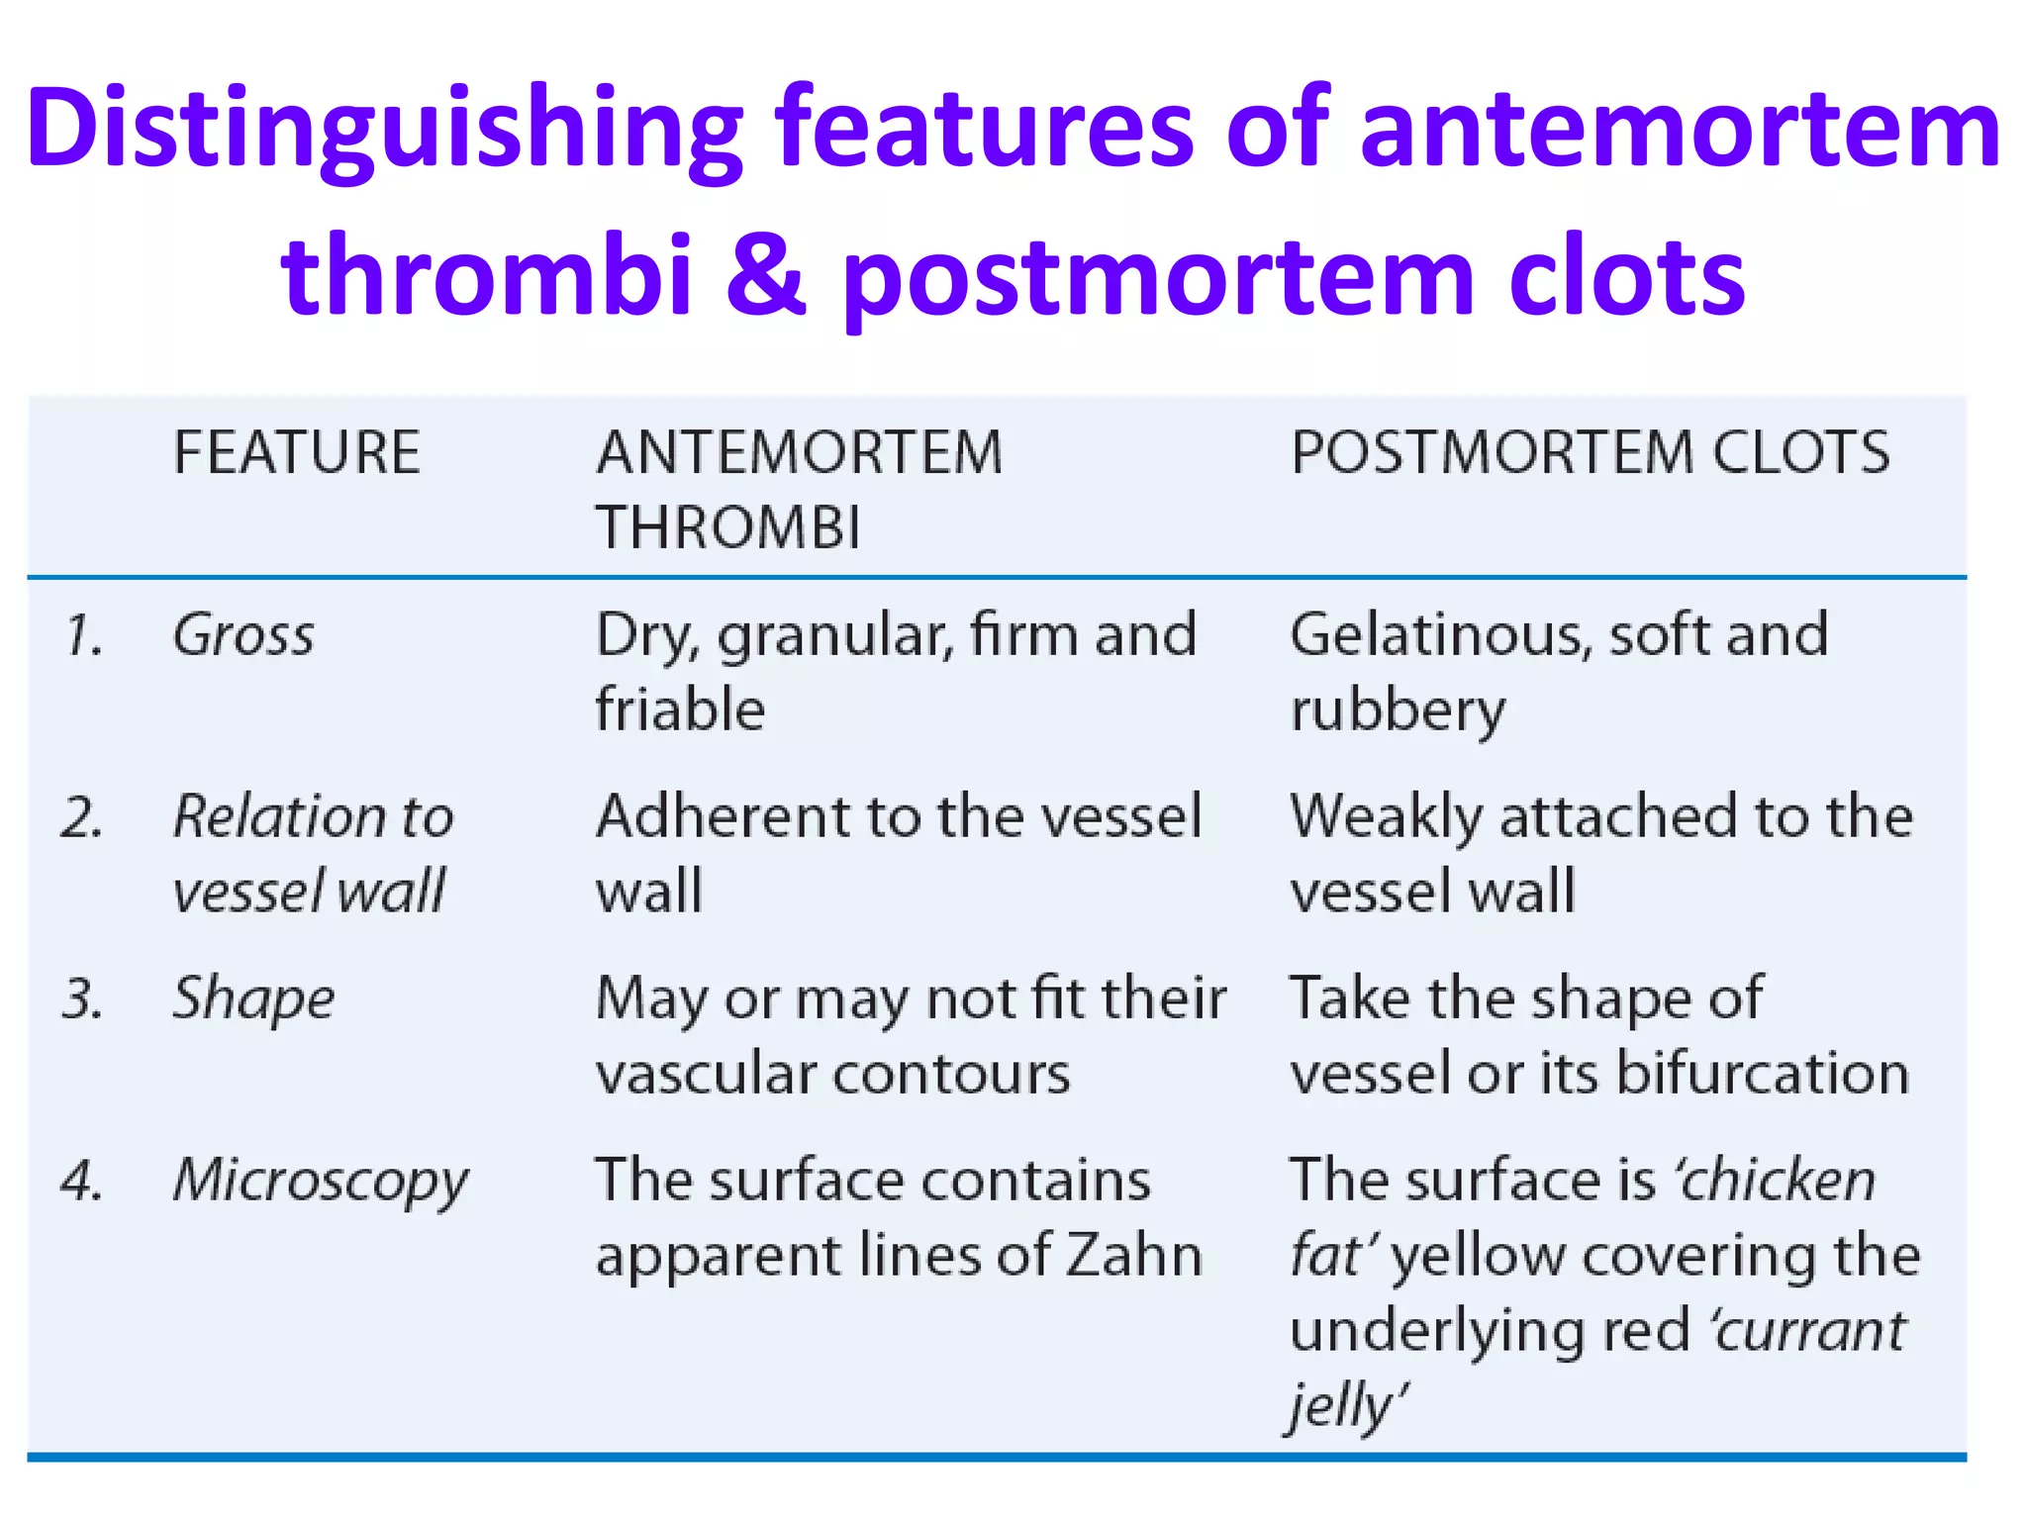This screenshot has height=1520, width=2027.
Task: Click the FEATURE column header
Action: (297, 453)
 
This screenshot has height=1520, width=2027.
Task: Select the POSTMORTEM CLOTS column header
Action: (1590, 453)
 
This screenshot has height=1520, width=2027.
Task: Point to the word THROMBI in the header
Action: (728, 527)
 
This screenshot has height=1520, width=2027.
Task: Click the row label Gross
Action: (243, 635)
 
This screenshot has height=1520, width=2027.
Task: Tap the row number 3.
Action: (82, 998)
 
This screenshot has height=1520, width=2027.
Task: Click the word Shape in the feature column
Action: (253, 998)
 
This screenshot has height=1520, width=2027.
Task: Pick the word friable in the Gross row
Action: (680, 710)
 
